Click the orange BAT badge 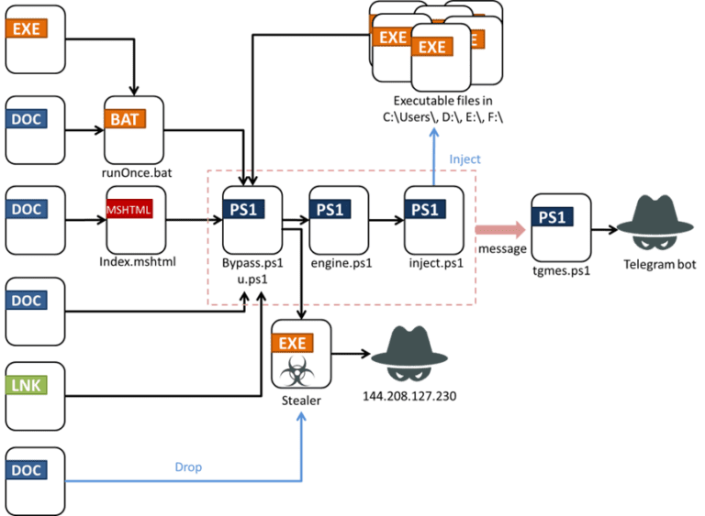point(125,119)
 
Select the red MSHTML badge point(129,209)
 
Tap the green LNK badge point(27,385)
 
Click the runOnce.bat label point(137,173)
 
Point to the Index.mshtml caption point(138,262)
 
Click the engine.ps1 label point(341,263)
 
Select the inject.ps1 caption point(436,263)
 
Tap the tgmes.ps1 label point(561,270)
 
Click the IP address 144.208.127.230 point(409,396)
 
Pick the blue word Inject point(464,159)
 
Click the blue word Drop point(188,467)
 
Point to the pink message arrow point(500,230)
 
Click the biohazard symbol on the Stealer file point(297,371)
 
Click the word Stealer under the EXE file point(301,401)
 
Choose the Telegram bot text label point(660,265)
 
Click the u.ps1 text point(252,280)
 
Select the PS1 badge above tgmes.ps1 point(553,217)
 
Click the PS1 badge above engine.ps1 point(330,209)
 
